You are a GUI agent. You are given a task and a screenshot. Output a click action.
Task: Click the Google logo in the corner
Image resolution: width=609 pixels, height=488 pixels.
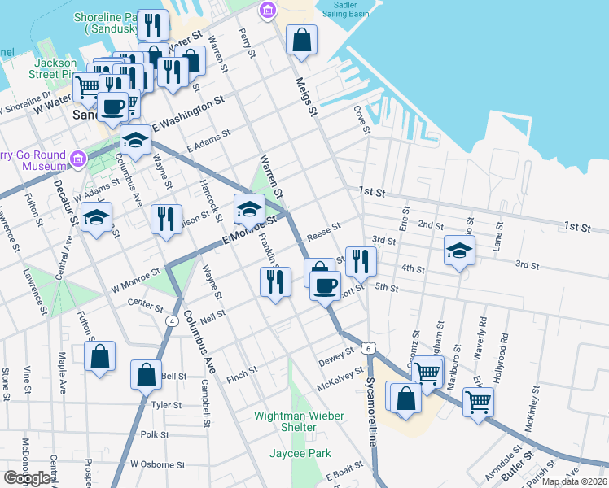[27, 478]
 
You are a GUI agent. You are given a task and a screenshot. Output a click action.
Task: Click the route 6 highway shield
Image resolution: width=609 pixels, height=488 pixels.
[369, 348]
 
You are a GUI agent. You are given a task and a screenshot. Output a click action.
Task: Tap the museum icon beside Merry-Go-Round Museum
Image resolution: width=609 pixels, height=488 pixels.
[78, 158]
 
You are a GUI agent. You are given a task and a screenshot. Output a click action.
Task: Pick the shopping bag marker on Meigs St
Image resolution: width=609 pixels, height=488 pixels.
[301, 40]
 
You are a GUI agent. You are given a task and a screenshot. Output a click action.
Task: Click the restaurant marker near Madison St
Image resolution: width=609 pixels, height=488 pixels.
[166, 219]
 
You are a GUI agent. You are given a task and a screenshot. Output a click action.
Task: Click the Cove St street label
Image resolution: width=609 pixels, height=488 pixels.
[361, 120]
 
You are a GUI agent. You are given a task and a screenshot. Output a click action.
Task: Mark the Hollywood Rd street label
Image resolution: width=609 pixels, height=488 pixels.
[505, 349]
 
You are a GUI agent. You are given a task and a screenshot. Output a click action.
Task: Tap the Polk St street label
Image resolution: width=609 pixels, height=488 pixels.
[153, 434]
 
